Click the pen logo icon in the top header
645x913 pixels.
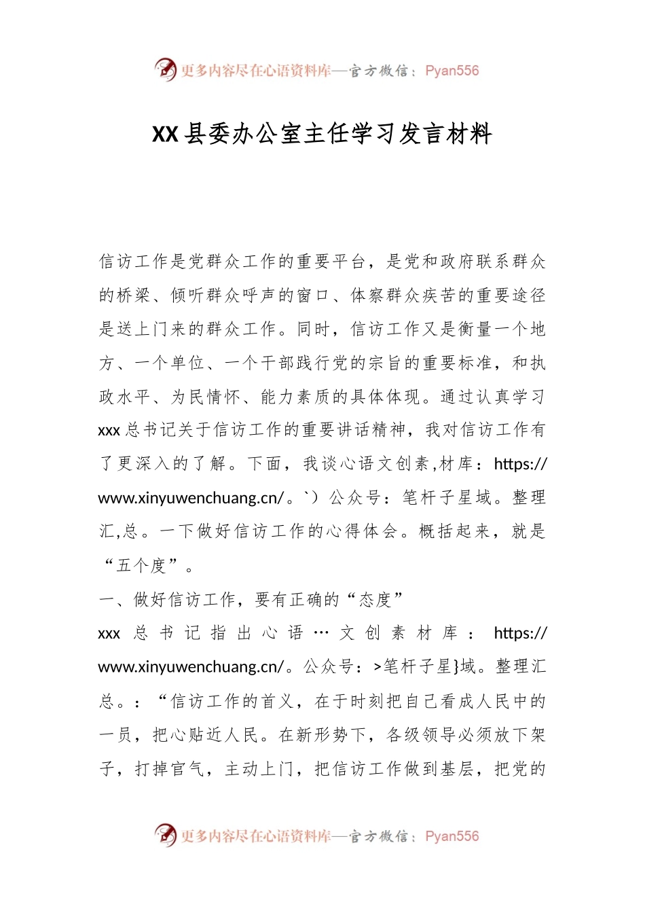(x=165, y=69)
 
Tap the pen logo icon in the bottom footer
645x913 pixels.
(x=165, y=835)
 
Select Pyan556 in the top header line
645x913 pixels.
(x=451, y=71)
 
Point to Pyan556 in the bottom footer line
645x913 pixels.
(x=451, y=836)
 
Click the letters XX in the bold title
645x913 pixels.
(x=165, y=135)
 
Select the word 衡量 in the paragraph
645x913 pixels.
(x=474, y=329)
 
